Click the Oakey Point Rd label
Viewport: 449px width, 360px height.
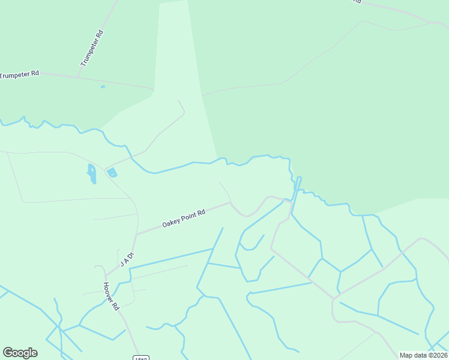[x=184, y=219]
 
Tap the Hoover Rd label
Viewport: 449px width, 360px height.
[x=110, y=296]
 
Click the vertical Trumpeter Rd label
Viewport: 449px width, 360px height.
[x=92, y=48]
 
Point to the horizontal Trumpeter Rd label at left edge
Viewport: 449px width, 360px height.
[x=19, y=74]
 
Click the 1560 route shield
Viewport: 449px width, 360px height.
[x=140, y=358]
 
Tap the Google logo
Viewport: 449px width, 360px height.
[x=20, y=353]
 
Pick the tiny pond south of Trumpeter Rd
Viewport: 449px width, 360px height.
[x=103, y=87]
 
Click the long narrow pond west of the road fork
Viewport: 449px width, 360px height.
[x=92, y=173]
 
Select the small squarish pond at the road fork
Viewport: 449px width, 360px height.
[x=112, y=173]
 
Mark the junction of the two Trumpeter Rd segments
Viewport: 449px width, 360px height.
[x=79, y=77]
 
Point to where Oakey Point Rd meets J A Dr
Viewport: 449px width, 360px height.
[x=137, y=235]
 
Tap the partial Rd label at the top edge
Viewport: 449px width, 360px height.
[x=356, y=2]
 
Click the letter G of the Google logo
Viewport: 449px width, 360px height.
[x=8, y=353]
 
